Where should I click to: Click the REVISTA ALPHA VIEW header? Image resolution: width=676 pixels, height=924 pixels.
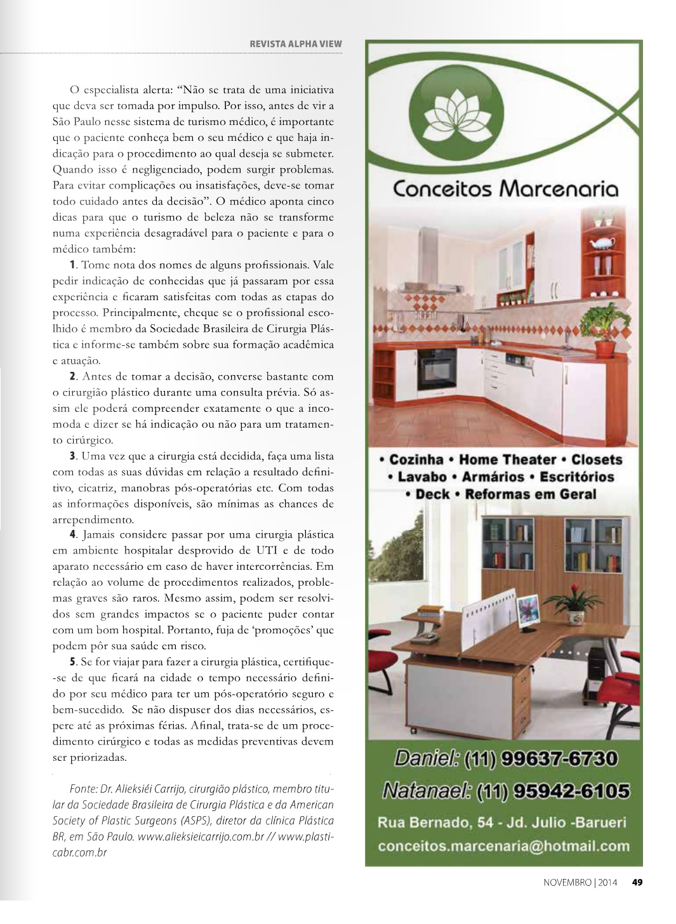point(296,44)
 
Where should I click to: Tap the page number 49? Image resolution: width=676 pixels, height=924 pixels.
point(637,881)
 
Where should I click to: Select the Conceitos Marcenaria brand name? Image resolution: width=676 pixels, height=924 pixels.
point(505,188)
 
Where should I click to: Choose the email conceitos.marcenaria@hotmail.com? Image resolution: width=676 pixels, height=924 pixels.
point(503,845)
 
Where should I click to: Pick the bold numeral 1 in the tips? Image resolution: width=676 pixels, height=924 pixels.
point(73,264)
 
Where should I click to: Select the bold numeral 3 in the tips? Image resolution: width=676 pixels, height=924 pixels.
point(73,456)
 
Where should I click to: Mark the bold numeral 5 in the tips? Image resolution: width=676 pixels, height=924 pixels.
point(73,663)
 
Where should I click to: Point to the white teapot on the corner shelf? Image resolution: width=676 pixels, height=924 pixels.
point(599,242)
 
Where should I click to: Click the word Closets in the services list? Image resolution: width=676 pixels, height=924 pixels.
point(597,459)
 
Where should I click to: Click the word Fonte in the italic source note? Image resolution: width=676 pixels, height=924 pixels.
point(82,789)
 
